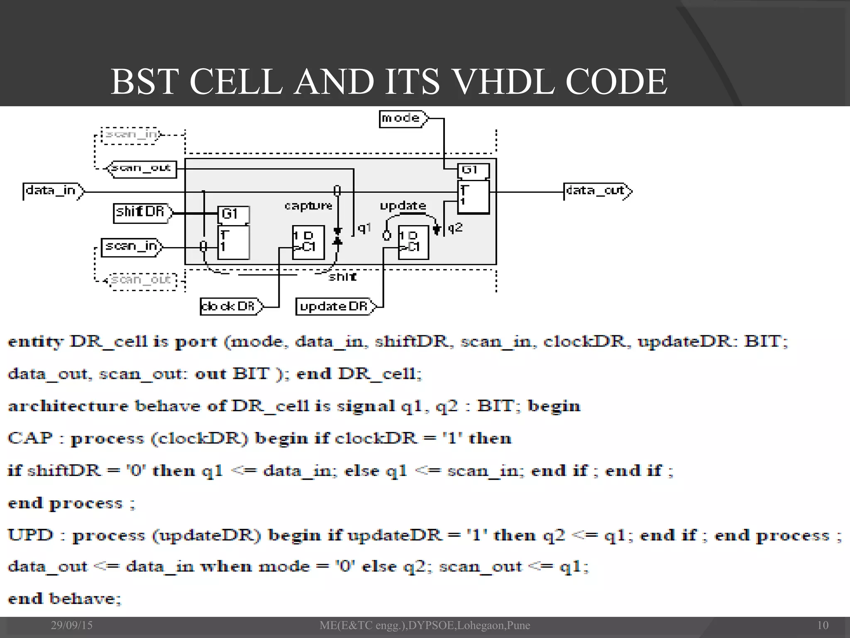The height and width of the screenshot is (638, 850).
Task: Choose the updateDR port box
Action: pos(335,307)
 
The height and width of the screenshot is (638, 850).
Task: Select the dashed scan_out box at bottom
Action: pos(142,280)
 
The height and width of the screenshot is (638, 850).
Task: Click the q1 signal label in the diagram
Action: pos(364,228)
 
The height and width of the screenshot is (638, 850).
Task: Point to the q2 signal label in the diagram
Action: pos(455,227)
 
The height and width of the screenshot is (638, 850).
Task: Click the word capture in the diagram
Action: pos(308,206)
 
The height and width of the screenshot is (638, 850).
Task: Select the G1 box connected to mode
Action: pos(473,170)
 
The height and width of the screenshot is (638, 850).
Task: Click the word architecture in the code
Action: pos(68,406)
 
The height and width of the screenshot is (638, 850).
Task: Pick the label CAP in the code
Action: pos(30,438)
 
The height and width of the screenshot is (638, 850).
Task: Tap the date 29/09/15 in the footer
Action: pos(72,625)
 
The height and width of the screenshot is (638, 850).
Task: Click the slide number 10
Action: pos(823,625)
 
